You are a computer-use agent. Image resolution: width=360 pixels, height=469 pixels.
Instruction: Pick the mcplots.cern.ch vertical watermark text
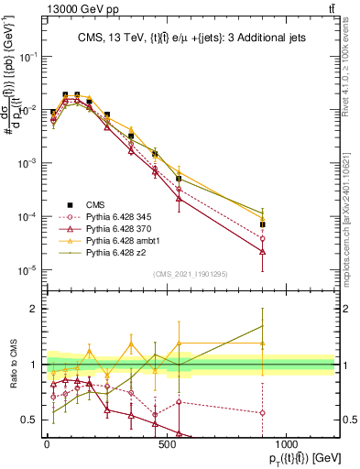point(355,202)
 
